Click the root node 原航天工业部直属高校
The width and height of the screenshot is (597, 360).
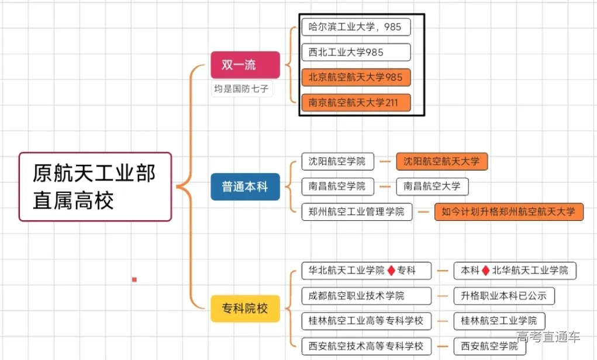(95, 186)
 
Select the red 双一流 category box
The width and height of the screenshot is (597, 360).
(245, 65)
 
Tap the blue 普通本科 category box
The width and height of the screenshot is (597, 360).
(245, 187)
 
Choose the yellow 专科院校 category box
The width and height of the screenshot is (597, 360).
(245, 308)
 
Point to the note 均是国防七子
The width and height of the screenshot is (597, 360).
(242, 89)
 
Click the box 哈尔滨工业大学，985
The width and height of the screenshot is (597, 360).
(356, 27)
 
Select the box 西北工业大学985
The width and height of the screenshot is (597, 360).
(356, 52)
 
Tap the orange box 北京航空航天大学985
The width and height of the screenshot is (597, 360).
(356, 77)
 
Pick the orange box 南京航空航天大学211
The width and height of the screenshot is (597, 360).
(356, 103)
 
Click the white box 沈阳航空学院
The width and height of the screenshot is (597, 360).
(337, 161)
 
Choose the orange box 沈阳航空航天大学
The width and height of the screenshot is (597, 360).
(441, 161)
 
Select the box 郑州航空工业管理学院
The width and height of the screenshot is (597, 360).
(357, 212)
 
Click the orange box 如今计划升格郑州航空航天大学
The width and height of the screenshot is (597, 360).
(509, 212)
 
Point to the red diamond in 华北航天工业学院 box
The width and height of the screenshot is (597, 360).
(391, 271)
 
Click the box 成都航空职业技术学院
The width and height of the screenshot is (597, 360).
(366, 296)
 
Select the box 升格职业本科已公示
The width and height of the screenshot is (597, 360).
(503, 296)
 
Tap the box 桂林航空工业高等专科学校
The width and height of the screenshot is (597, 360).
(366, 321)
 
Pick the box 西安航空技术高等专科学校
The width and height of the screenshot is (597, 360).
(366, 346)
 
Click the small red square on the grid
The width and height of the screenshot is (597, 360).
(134, 280)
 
